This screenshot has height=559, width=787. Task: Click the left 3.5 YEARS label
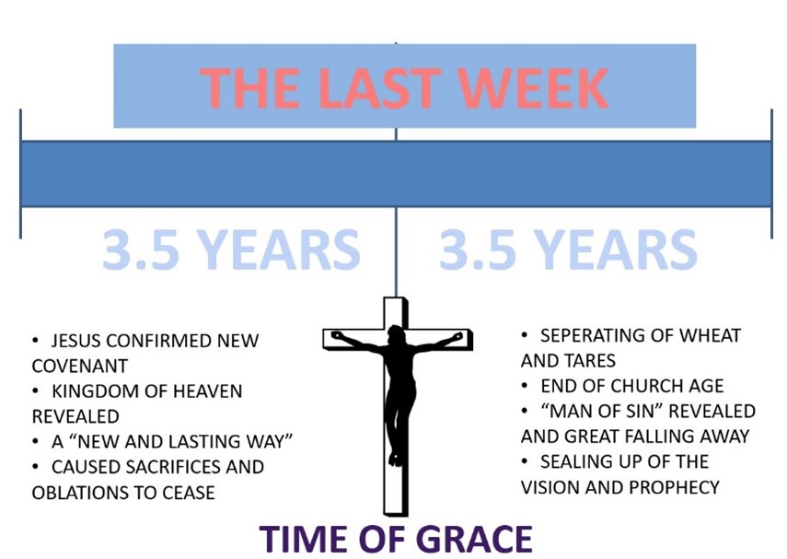[x=231, y=250]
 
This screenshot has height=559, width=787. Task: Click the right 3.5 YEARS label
[x=568, y=250]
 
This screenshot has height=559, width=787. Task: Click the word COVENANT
[x=79, y=367]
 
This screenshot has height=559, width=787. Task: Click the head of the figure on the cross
[x=397, y=334]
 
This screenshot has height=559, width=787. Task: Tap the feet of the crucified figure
[x=396, y=459]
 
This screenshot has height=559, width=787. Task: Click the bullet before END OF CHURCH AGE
[x=525, y=386]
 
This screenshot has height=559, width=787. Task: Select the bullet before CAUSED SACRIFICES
[x=35, y=467]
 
